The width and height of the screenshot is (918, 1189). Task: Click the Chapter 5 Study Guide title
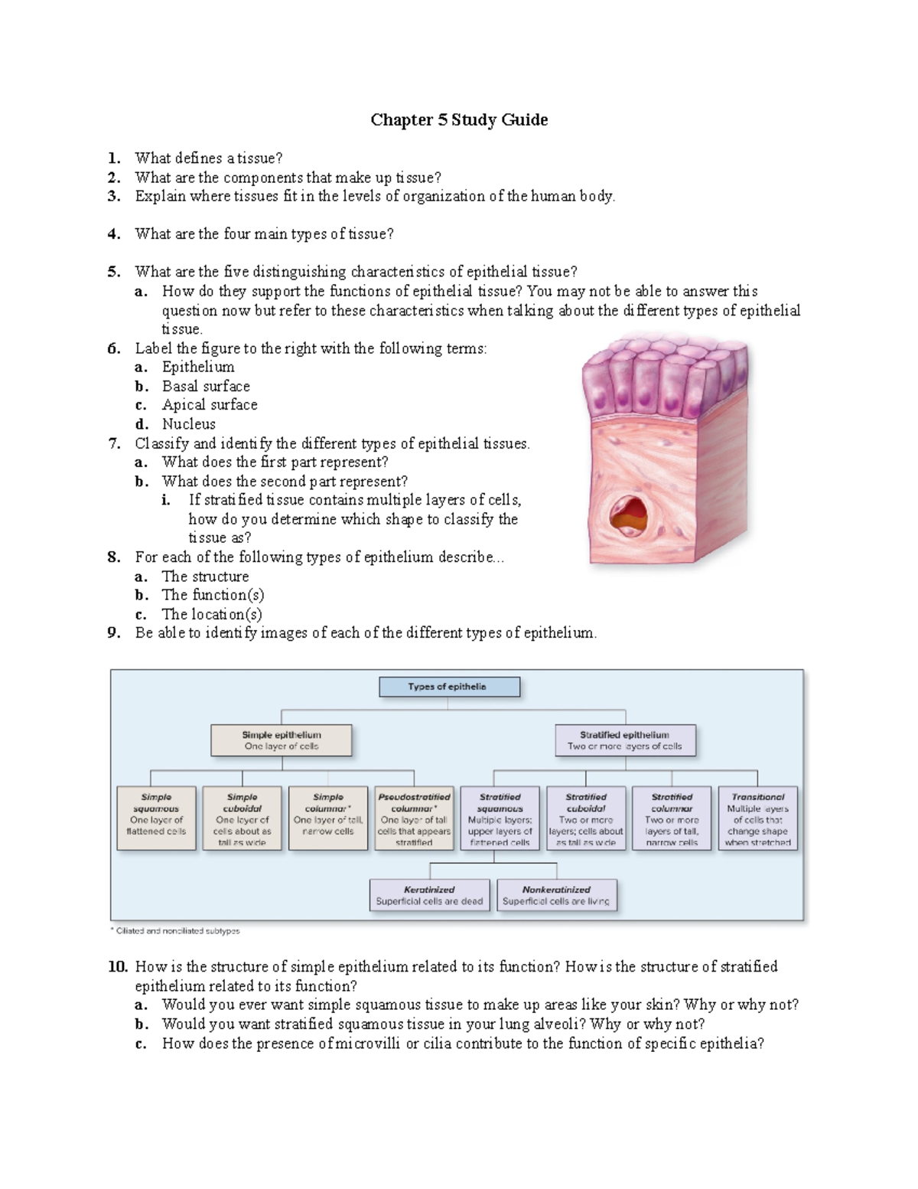click(x=459, y=120)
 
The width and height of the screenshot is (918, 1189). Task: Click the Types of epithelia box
click(x=449, y=687)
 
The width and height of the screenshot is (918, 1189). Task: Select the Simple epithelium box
click(x=282, y=740)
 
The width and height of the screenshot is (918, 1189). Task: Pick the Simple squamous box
click(x=156, y=818)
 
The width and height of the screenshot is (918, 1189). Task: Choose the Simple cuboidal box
click(x=242, y=818)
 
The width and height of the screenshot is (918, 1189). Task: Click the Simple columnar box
click(x=328, y=818)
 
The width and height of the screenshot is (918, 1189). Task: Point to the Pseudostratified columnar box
click(x=414, y=818)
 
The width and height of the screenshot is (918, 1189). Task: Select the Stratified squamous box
click(x=500, y=818)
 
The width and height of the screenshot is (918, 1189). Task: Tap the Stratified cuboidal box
click(x=586, y=818)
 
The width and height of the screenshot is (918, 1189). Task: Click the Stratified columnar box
click(x=672, y=818)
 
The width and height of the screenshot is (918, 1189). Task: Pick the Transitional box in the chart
click(x=757, y=818)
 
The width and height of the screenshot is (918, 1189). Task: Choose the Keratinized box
click(x=429, y=895)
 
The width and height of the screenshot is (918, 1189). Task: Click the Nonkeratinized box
click(x=556, y=895)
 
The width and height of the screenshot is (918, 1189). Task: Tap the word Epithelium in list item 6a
click(x=198, y=367)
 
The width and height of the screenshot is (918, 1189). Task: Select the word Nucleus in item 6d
click(x=188, y=424)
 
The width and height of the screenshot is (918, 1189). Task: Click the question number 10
click(x=117, y=967)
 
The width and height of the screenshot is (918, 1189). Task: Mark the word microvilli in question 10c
click(x=366, y=1044)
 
